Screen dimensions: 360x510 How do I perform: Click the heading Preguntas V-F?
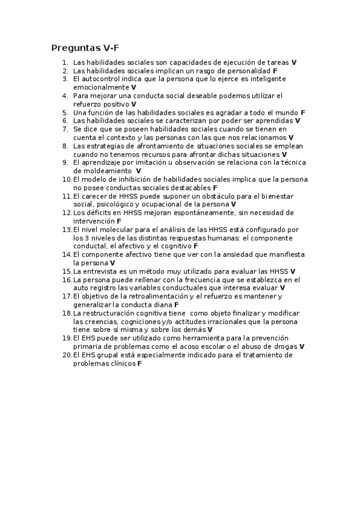pyautogui.click(x=87, y=48)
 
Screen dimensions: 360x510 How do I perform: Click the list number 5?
pyautogui.click(x=64, y=112)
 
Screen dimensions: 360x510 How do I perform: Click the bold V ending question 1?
pyautogui.click(x=294, y=63)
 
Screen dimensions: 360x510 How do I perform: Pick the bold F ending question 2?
pyautogui.click(x=275, y=71)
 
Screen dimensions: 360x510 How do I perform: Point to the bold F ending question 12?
pyautogui.click(x=119, y=221)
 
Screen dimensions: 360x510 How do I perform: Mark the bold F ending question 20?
pyautogui.click(x=139, y=363)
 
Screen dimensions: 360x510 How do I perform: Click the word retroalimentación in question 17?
pyautogui.click(x=153, y=296)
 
